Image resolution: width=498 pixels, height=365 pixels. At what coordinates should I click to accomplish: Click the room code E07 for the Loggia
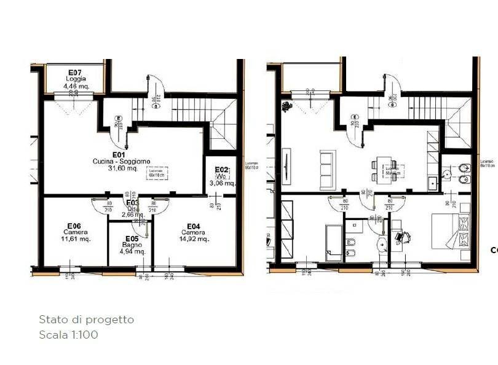point(76,72)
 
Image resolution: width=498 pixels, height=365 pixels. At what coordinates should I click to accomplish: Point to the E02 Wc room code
point(221,170)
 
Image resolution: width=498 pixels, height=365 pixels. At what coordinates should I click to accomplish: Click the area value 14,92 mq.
point(194,239)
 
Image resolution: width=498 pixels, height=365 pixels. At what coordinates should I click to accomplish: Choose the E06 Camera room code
point(75,226)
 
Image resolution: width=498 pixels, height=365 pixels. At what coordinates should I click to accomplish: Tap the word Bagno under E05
point(132,245)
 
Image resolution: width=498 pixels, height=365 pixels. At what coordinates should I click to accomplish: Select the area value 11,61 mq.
point(76,239)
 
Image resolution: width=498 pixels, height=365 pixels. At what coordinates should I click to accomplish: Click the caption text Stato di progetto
point(86,320)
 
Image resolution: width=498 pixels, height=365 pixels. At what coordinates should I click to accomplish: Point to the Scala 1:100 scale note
point(68,335)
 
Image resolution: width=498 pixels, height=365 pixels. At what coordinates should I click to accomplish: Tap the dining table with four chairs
point(384,170)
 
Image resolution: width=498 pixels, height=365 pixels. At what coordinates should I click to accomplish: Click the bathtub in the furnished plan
point(333,243)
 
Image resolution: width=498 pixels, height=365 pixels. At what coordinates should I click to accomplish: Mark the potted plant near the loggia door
point(287,106)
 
